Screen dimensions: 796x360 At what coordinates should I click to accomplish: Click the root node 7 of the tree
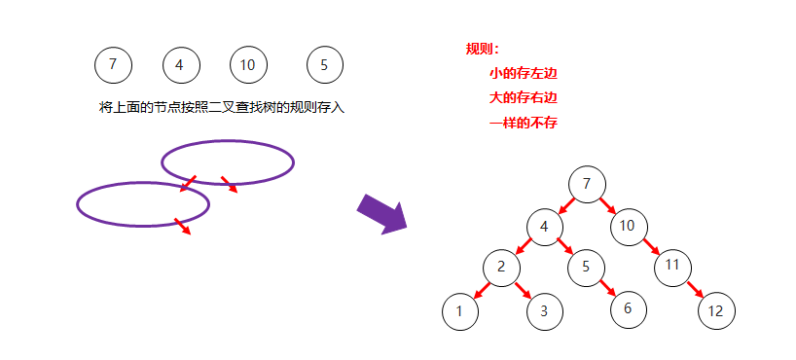coord(587,183)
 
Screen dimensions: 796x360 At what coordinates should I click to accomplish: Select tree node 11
coord(671,266)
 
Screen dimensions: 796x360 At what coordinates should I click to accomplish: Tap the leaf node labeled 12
coord(716,311)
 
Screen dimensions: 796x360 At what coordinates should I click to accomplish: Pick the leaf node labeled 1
coord(460,311)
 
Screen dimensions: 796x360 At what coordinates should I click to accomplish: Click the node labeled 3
coord(545,311)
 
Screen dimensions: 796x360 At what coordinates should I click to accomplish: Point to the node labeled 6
coord(629,308)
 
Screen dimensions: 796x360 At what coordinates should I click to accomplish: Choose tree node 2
coord(502,267)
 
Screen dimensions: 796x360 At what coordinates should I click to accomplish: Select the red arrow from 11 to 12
coord(695,289)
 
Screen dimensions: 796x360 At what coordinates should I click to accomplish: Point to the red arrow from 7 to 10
coord(607,205)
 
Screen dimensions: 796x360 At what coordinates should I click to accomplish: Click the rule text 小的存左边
coord(523,73)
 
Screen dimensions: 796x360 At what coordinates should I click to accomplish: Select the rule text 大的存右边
coord(523,98)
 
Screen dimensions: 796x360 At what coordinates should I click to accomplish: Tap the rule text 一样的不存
coord(523,123)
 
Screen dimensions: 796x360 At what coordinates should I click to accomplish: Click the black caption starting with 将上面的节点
coord(222,107)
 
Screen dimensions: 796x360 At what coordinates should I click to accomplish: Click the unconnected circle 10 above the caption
coord(248,65)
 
